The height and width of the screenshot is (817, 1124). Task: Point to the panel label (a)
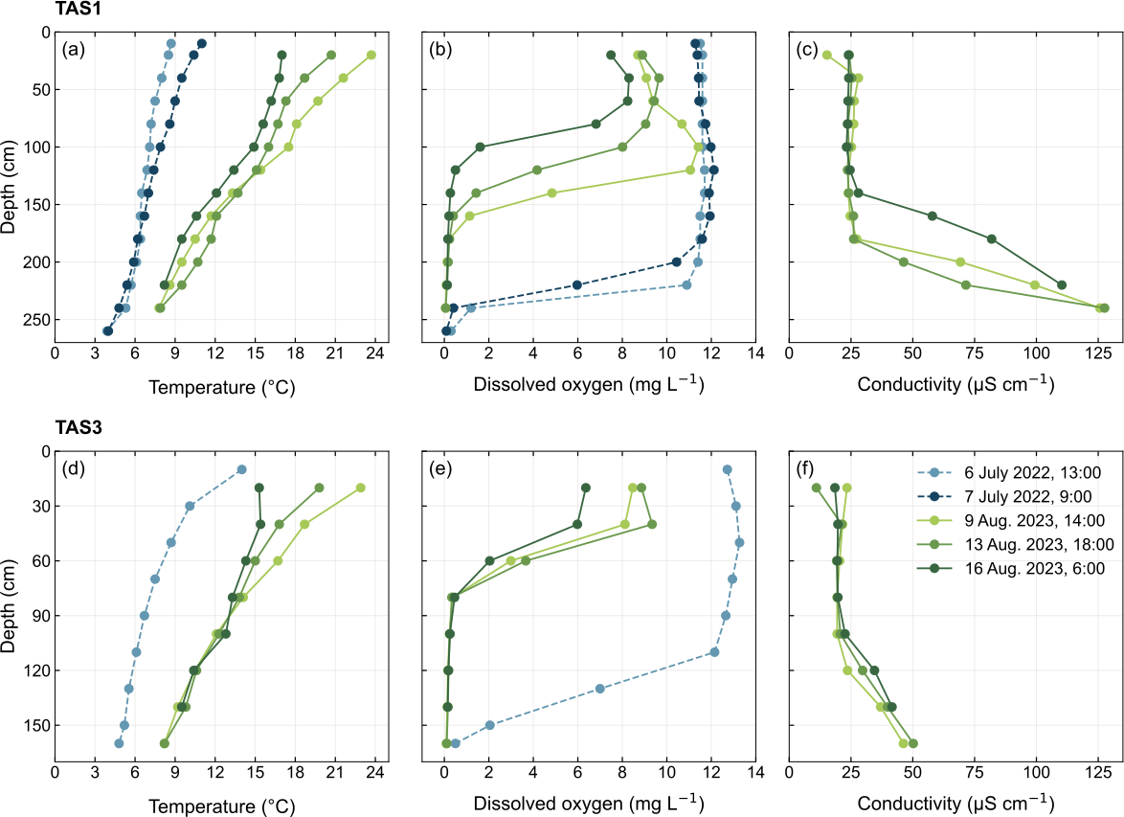click(74, 51)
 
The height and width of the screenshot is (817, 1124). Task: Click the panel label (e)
click(442, 470)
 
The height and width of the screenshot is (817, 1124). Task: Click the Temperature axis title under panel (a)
click(220, 386)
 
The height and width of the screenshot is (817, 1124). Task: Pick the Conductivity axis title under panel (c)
click(955, 386)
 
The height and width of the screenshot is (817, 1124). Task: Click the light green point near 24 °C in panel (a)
click(371, 55)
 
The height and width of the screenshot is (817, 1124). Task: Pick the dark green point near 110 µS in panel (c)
click(1061, 284)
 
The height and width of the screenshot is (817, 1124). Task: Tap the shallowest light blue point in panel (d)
click(241, 469)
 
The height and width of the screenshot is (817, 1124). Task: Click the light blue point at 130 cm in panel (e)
click(600, 689)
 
